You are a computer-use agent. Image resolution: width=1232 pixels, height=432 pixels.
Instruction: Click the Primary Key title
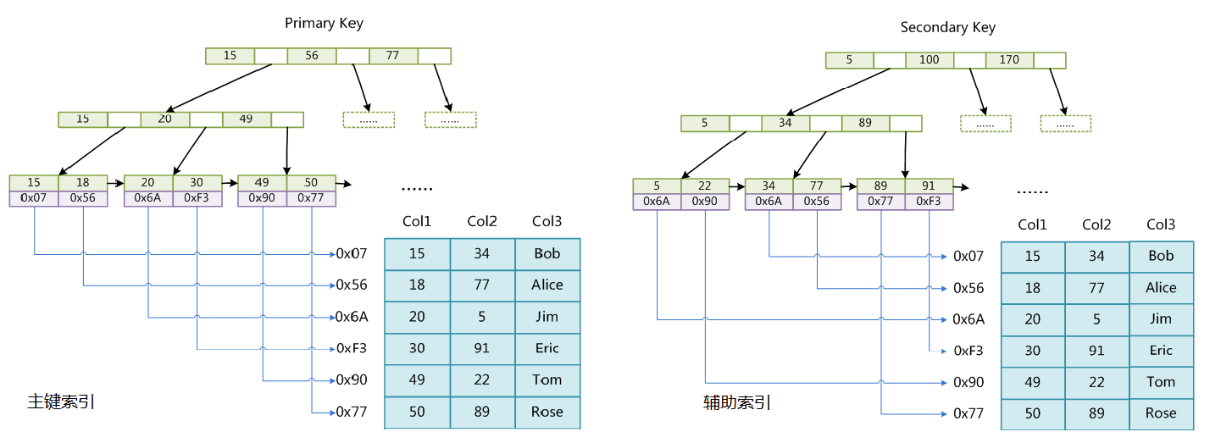click(324, 23)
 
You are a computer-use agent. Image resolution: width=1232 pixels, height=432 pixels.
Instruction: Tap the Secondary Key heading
click(947, 28)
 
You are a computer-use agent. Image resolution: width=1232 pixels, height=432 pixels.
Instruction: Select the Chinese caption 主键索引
click(60, 402)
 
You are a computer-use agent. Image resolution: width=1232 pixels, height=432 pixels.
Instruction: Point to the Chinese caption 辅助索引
click(737, 402)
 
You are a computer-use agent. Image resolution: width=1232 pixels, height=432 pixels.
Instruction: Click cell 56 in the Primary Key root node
click(312, 56)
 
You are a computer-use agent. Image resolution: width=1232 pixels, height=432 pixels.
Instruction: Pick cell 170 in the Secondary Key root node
click(1009, 60)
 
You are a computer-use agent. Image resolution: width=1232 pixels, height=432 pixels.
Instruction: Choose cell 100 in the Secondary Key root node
click(930, 60)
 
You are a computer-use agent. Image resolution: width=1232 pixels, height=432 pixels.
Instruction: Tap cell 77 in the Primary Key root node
click(392, 56)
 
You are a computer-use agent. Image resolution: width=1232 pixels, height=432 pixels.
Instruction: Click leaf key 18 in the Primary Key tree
click(83, 183)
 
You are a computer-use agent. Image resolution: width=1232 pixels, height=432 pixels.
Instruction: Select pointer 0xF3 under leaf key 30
click(197, 198)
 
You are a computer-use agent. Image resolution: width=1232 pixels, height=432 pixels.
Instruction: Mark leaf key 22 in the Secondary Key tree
click(706, 186)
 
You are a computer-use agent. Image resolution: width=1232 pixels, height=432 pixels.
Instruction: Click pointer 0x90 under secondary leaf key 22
click(706, 202)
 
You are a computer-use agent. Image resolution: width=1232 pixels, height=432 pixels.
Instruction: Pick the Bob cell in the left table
click(547, 253)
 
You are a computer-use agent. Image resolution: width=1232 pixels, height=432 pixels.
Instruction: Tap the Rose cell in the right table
click(1161, 413)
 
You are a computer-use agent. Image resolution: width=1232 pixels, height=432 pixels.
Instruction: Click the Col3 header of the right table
click(1161, 224)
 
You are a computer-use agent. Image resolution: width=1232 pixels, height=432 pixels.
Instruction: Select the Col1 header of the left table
click(417, 222)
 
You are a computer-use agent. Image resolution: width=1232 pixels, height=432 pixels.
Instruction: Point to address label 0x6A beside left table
click(352, 317)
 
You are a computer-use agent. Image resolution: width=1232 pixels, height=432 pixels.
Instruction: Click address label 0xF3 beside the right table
click(968, 351)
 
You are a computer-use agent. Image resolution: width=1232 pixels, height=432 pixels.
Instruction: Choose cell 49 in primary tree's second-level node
click(246, 119)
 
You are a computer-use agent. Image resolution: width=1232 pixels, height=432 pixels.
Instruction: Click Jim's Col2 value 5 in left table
click(482, 317)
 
